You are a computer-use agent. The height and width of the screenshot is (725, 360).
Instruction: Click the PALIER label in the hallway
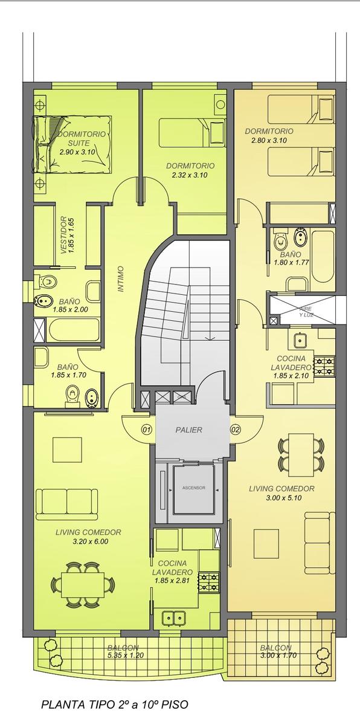[x=188, y=430]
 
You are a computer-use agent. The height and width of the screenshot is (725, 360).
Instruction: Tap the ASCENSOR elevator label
[x=193, y=488]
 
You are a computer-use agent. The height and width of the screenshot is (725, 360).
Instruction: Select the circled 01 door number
[x=147, y=430]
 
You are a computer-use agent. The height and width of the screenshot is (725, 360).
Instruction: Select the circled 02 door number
[x=236, y=430]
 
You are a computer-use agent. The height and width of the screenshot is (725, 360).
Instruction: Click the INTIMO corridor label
[x=121, y=279]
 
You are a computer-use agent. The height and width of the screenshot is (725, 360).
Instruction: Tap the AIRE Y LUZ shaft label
[x=306, y=312]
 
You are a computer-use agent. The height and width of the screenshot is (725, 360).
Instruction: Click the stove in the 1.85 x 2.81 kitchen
[x=209, y=583]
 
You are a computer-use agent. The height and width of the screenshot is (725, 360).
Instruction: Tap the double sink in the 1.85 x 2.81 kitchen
[x=174, y=617]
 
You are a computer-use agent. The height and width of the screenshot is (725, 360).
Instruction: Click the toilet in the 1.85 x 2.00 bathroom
[x=46, y=280]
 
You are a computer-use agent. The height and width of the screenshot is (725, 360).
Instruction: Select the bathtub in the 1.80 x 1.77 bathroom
[x=323, y=260]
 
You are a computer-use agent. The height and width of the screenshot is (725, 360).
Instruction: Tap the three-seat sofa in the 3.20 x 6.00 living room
[x=66, y=504]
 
